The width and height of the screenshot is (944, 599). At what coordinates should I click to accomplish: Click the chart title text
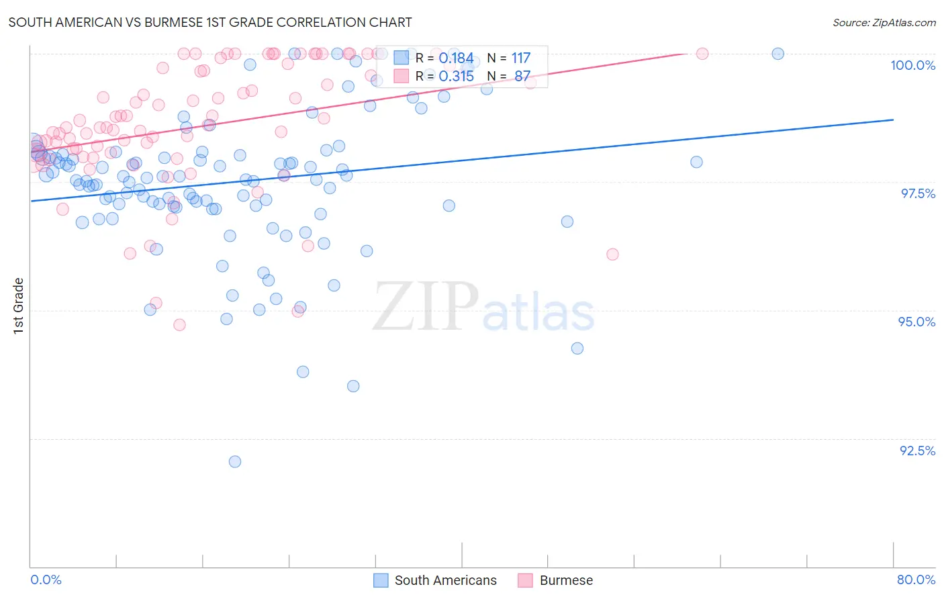coord(210,22)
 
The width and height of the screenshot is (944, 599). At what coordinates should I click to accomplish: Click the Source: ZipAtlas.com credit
coord(884,22)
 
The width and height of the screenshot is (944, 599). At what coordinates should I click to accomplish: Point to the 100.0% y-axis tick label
coord(912,65)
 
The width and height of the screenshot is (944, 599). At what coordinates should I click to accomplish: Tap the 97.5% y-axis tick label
coord(917,193)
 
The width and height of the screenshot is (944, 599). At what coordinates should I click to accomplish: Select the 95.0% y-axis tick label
coord(916,322)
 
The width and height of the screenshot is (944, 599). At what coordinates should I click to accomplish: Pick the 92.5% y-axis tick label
coord(917,451)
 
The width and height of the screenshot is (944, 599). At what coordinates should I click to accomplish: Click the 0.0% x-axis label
coord(46,580)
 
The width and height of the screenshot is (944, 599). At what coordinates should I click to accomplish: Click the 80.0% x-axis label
coord(916,580)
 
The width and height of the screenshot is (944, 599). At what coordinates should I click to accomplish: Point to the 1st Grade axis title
coord(19,306)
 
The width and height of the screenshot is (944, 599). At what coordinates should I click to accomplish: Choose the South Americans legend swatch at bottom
coord(381,580)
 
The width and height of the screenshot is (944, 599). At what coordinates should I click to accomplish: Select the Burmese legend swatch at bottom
coord(525,580)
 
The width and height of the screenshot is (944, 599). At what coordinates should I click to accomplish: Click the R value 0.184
coord(456,58)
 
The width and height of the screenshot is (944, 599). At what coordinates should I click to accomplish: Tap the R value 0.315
coord(456,77)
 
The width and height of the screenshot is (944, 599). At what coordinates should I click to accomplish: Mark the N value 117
coord(520,58)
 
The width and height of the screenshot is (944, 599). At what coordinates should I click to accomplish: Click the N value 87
coord(522,77)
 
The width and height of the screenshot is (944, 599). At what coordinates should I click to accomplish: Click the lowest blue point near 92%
coord(235,461)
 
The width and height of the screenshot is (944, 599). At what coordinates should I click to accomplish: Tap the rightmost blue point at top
coord(777,54)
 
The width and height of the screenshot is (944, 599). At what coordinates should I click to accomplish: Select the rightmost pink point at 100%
coord(702,54)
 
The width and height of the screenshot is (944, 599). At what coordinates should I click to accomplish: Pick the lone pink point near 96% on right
coord(612,254)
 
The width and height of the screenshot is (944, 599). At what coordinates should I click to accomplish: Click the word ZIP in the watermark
coord(426,307)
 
